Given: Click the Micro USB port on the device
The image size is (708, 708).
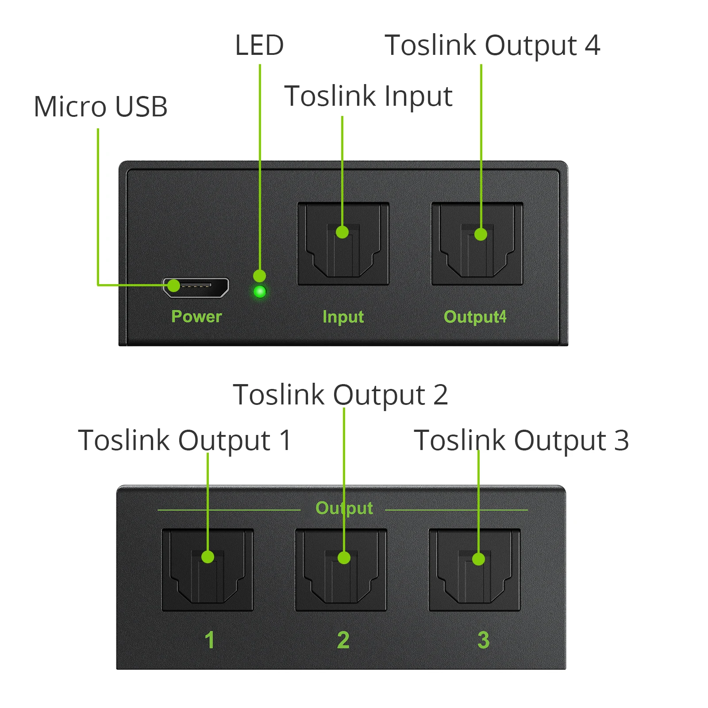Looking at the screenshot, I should [196, 287].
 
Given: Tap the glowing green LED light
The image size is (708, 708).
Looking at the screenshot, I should [260, 292].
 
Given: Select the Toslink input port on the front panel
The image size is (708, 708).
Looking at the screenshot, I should [343, 244].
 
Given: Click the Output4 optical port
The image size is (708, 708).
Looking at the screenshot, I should [477, 244].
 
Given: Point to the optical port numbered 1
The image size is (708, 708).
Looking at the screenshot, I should [208, 570].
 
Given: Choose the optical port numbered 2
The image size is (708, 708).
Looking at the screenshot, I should [341, 570].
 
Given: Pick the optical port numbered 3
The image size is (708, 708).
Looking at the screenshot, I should [474, 570].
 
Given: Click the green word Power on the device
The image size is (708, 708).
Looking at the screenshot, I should [196, 316].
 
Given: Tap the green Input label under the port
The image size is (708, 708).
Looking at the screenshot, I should [343, 317].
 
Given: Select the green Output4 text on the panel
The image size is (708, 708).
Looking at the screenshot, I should [475, 317].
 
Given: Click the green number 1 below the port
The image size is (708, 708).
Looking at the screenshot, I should [210, 640].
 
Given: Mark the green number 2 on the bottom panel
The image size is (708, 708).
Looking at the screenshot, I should [343, 640].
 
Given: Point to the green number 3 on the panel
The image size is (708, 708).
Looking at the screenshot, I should [483, 640].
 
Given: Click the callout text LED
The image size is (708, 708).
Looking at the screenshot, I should [259, 45].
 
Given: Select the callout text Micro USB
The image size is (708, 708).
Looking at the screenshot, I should [101, 107].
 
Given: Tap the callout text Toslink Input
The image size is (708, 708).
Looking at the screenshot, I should [368, 96].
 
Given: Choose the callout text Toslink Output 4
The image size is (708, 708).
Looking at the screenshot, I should [493, 45].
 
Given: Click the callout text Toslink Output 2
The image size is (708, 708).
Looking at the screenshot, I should [340, 395].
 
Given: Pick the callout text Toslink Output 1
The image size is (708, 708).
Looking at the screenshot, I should [185, 440].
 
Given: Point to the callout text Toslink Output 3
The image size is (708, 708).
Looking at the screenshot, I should [521, 440].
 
